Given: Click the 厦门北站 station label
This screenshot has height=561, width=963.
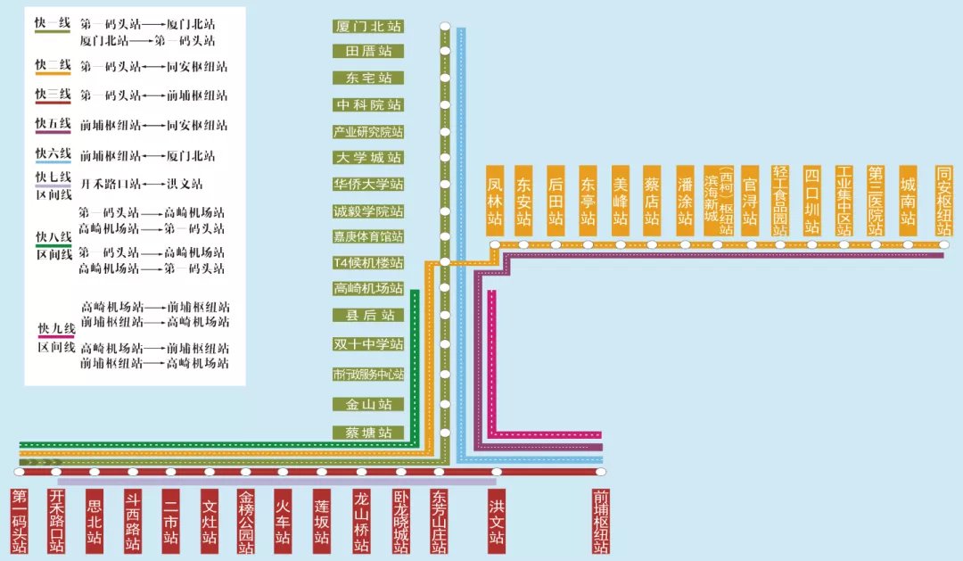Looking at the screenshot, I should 368,26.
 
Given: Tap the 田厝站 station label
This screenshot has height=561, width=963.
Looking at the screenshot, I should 368,52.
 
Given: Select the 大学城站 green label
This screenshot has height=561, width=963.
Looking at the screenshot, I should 368,158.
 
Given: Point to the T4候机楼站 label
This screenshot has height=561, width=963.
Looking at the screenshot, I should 368,263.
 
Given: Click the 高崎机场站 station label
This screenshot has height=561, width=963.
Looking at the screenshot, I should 368,288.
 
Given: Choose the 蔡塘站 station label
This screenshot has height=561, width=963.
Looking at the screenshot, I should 368,433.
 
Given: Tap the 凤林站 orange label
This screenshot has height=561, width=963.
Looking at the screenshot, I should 496,201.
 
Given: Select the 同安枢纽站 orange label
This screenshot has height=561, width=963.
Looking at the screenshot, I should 944,201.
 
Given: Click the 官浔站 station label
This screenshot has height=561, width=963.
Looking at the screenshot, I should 750,201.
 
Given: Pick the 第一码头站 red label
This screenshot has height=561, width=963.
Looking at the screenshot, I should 20,521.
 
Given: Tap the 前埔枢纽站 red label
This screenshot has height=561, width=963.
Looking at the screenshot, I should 601,521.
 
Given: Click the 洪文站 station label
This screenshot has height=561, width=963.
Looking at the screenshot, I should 497,521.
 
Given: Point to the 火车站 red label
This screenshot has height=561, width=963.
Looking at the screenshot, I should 283,521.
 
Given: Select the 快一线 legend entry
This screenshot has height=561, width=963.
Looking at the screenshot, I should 53,24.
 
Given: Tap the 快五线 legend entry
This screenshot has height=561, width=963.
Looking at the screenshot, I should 53,124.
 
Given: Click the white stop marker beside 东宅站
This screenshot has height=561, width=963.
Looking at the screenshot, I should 444,78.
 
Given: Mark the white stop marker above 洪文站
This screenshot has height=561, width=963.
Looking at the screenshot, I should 497,472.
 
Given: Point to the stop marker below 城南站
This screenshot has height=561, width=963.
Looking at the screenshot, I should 908,244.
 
